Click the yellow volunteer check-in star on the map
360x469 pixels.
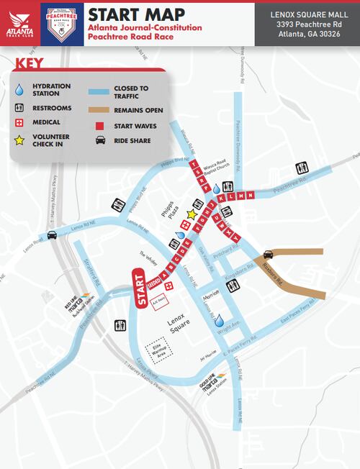coord(192,214)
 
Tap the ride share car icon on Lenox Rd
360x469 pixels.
coord(52,235)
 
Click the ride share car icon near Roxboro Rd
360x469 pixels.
coord(268,253)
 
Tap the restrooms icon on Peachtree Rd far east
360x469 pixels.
coord(302,168)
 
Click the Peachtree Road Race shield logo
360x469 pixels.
coord(60,23)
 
